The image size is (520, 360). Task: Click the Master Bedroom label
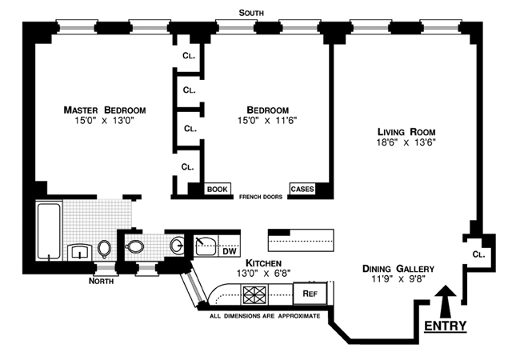tap(105, 110)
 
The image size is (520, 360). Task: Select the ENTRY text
tap(446, 326)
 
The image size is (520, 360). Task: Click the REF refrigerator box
tap(310, 294)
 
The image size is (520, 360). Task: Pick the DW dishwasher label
tap(230, 251)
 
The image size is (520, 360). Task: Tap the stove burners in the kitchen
tap(255, 294)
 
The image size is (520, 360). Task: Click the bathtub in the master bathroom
tap(49, 230)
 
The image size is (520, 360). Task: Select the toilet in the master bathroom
tap(104, 248)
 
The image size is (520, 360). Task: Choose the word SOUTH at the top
tap(251, 13)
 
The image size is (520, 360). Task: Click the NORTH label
tap(101, 281)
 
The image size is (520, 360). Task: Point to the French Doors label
tap(261, 197)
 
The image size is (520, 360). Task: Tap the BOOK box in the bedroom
tap(218, 190)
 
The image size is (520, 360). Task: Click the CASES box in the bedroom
tap(302, 189)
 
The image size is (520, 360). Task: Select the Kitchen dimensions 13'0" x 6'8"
tap(263, 274)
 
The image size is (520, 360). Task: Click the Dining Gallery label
tap(398, 269)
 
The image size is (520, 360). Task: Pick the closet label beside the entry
tap(478, 254)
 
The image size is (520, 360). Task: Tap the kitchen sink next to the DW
tap(206, 246)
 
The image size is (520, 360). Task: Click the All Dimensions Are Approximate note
tap(265, 316)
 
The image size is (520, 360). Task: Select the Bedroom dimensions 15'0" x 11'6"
tap(267, 120)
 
